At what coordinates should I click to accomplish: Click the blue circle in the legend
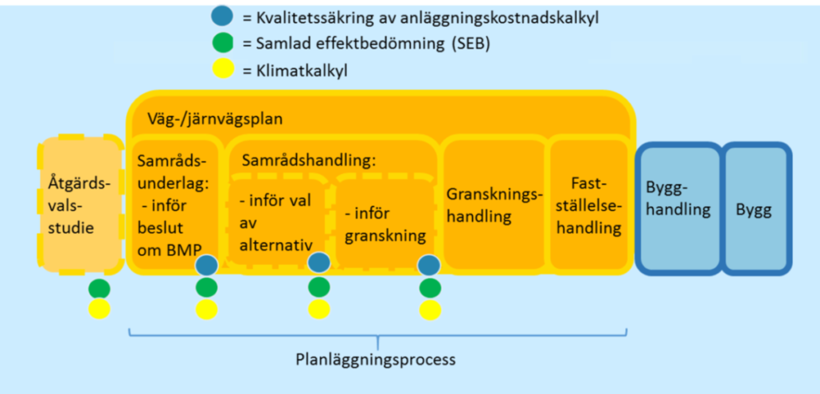tap(223, 18)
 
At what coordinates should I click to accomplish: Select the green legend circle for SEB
tap(223, 44)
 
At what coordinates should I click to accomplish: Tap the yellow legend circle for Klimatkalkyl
tap(223, 68)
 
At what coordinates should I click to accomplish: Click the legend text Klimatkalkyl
tap(302, 70)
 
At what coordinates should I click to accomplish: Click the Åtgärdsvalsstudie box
tap(80, 205)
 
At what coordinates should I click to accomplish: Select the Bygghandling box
tap(678, 208)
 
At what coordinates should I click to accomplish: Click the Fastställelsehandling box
tap(589, 205)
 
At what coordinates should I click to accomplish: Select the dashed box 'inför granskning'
tap(385, 221)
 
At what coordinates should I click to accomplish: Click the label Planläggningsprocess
tap(376, 360)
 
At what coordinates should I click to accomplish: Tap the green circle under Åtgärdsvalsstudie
tap(100, 288)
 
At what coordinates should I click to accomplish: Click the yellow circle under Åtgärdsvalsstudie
tap(100, 309)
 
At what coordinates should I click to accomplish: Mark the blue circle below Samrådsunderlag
tap(206, 266)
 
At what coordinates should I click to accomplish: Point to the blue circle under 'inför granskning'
tap(429, 264)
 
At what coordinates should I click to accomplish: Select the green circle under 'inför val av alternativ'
tap(319, 287)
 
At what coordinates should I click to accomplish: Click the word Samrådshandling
tap(309, 161)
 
